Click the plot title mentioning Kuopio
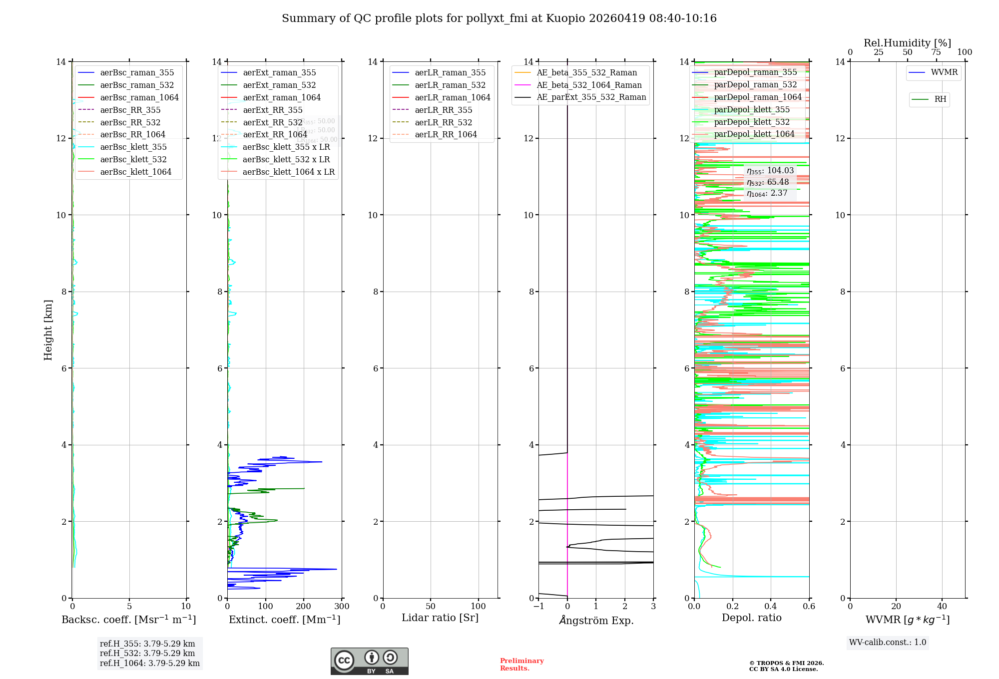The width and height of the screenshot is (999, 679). tap(499, 18)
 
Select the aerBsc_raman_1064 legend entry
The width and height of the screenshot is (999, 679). tap(139, 97)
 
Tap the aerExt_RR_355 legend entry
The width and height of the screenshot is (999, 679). tap(272, 110)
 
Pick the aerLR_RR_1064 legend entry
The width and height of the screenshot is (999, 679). tap(446, 134)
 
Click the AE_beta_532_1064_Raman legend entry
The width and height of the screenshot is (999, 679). tap(589, 85)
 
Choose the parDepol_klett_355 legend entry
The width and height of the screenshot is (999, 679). tap(752, 109)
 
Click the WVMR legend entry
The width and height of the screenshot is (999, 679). tap(944, 72)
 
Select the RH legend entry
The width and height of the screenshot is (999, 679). tap(940, 99)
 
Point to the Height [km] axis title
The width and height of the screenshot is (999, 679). tap(48, 330)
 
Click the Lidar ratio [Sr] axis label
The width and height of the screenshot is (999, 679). tap(440, 618)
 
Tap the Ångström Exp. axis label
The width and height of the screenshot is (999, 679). tap(596, 620)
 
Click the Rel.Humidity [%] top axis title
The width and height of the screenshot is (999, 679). tap(907, 43)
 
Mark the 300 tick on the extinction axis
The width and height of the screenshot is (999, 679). tap(342, 606)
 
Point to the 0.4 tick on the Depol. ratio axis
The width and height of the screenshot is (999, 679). tap(771, 606)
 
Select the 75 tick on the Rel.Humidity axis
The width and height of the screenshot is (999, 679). tap(936, 52)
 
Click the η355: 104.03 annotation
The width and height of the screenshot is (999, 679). tap(770, 171)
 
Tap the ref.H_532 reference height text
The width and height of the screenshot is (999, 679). tap(147, 653)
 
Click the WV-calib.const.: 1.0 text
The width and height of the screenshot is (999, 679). tap(888, 643)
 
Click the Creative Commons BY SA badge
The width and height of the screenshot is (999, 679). tap(369, 661)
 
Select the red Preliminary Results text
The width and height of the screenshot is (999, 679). tap(521, 665)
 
